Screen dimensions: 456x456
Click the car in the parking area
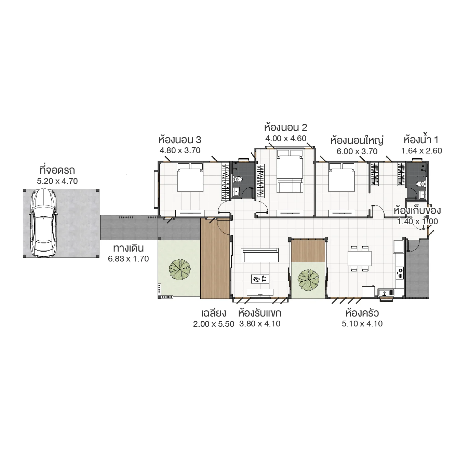43,223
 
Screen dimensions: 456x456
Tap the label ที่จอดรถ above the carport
57,170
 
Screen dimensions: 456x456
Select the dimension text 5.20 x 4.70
57,181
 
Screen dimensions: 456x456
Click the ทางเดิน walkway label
128,248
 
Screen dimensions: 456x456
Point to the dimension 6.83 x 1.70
128,259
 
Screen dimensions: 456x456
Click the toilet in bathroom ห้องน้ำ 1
420,184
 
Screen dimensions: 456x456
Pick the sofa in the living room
260,255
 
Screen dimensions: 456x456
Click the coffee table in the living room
260,279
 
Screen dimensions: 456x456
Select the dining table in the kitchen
360,258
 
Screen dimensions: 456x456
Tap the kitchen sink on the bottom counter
386,292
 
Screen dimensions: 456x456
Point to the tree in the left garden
179,269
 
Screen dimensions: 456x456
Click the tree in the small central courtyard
308,279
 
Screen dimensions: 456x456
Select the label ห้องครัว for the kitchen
362,313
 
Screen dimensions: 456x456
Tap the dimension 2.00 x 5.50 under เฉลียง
213,324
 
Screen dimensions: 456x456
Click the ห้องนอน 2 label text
286,128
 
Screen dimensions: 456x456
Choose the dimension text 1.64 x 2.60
421,151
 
